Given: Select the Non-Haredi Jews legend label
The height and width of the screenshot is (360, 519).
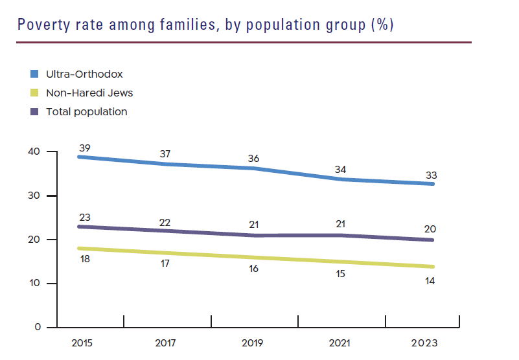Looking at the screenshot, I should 89,93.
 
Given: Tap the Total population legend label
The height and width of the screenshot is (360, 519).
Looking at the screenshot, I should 86,111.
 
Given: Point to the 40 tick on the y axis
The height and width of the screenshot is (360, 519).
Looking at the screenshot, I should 34,152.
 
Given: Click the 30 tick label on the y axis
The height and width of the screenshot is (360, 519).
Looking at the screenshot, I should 34,196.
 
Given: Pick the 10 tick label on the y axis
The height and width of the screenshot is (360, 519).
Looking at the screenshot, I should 34,284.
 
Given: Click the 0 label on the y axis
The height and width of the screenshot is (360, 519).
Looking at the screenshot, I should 37,328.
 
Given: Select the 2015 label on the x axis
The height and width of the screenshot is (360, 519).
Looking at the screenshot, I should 82,343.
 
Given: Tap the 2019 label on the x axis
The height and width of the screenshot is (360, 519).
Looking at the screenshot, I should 253,343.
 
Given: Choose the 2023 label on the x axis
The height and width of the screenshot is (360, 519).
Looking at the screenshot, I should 425,343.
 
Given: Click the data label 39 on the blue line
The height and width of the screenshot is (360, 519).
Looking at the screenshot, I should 84,148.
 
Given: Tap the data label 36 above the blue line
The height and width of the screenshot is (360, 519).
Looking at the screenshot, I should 254,159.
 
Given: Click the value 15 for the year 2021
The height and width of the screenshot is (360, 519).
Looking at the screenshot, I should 340,274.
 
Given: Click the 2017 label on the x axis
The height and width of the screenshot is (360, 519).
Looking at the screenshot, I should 167,343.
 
